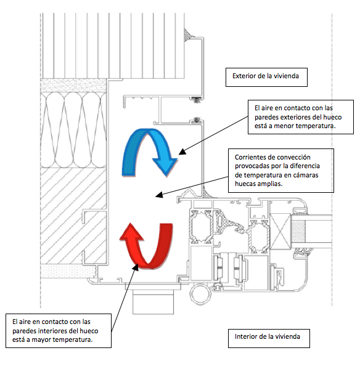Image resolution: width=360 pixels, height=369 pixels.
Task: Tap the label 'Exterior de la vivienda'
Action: point(266,76)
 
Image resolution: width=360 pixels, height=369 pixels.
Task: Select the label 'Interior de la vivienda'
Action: point(268,336)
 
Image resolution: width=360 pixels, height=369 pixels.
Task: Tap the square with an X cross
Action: point(280,231)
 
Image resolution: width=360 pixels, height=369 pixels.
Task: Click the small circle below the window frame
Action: point(200,294)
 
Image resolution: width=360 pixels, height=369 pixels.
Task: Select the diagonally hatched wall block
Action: point(73,216)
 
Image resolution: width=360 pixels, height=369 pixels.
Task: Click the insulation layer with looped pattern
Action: point(73,129)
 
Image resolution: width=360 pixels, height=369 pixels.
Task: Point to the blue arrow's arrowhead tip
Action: point(166,176)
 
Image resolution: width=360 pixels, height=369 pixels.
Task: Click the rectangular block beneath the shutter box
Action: point(153,302)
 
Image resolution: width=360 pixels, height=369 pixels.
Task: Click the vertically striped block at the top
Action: point(113,46)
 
